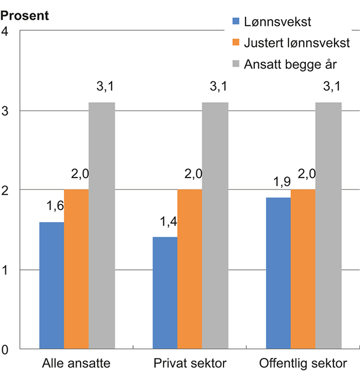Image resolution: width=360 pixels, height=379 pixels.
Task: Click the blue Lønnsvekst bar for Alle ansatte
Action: (51, 286)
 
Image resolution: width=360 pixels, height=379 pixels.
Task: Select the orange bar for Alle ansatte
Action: (76, 269)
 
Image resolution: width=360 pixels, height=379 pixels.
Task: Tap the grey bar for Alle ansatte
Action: (102, 226)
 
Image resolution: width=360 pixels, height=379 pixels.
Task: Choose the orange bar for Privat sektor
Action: (190, 269)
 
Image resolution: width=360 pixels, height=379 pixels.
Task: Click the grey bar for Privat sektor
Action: (215, 226)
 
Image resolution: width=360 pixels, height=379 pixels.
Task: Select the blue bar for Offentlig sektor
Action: (278, 273)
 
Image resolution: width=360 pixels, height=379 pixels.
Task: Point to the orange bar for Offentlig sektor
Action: (303, 269)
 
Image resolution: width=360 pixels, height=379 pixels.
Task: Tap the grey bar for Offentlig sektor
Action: (329, 226)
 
